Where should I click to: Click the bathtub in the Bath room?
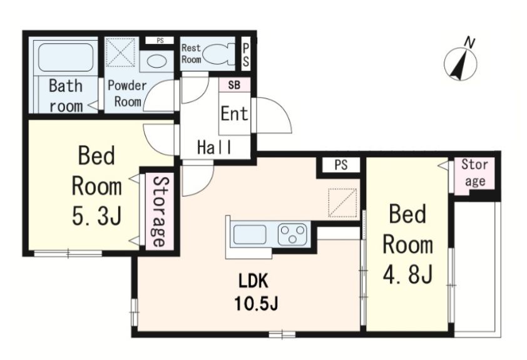pyautogui.click(x=65, y=57)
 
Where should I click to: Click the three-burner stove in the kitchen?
pyautogui.click(x=292, y=234)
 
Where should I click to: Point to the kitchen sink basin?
pyautogui.click(x=250, y=235)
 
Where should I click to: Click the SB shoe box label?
pyautogui.click(x=234, y=85)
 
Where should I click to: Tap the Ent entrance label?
pyautogui.click(x=234, y=113)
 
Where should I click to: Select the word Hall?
pyautogui.click(x=214, y=147)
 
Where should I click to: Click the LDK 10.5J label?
pyautogui.click(x=256, y=292)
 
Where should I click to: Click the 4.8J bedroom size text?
pyautogui.click(x=407, y=274)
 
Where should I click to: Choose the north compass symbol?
pyautogui.click(x=461, y=64)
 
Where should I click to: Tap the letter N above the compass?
pyautogui.click(x=469, y=43)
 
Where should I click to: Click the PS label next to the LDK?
pyautogui.click(x=341, y=165)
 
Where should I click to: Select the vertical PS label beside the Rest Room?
pyautogui.click(x=246, y=55)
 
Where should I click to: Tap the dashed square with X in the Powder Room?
pyautogui.click(x=121, y=53)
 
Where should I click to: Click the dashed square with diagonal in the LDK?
pyautogui.click(x=342, y=203)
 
